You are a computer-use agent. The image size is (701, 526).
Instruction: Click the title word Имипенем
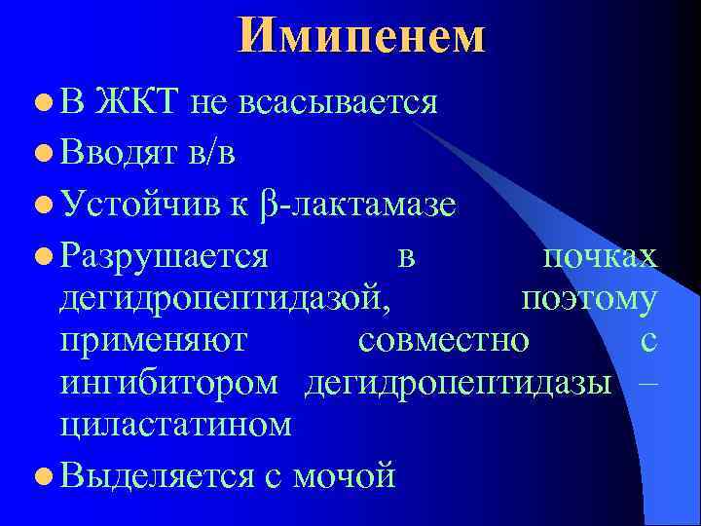point(360,36)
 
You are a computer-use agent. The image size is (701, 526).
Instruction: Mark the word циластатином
point(175,425)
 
